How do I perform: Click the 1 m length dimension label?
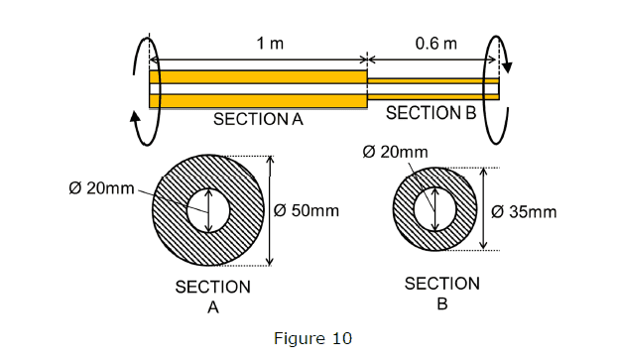pyautogui.click(x=270, y=43)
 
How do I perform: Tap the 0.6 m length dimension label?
pyautogui.click(x=435, y=43)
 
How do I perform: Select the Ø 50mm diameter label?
pyautogui.click(x=307, y=211)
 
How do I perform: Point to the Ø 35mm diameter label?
pyautogui.click(x=524, y=212)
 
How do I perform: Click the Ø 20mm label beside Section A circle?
pyautogui.click(x=101, y=188)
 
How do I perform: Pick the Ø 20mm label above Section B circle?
pyautogui.click(x=395, y=152)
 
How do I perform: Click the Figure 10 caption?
pyautogui.click(x=312, y=339)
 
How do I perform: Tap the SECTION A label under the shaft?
pyautogui.click(x=258, y=119)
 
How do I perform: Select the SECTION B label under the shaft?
pyautogui.click(x=432, y=113)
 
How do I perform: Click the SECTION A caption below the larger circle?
pyautogui.click(x=213, y=297)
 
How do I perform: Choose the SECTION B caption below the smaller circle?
pyautogui.click(x=442, y=294)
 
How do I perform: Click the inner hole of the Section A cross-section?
pyautogui.click(x=208, y=210)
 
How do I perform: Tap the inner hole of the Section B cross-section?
pyautogui.click(x=435, y=209)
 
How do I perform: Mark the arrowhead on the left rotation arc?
pyautogui.click(x=135, y=117)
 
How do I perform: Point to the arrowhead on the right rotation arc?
pyautogui.click(x=508, y=67)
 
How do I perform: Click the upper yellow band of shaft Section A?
pyautogui.click(x=259, y=77)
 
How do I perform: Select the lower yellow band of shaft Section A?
pyautogui.click(x=259, y=100)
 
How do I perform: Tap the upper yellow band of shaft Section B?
pyautogui.click(x=433, y=81)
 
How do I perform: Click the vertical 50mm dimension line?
pyautogui.click(x=270, y=211)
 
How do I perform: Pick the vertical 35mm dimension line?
pyautogui.click(x=484, y=209)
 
